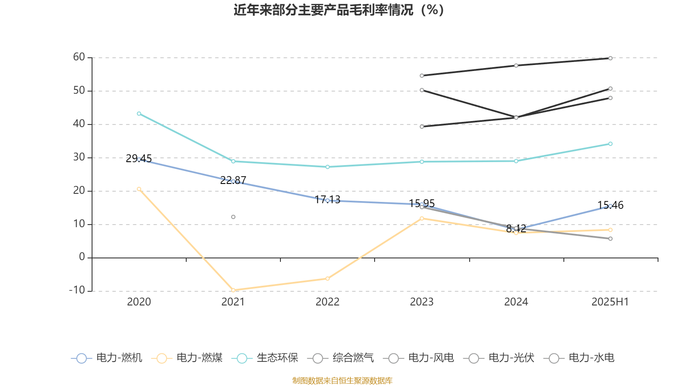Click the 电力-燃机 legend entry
tap(107, 358)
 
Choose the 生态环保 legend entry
tap(265, 358)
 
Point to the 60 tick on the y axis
tap(79, 57)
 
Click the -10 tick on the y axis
tap(77, 290)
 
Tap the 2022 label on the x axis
tap(328, 302)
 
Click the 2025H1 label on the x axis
tap(610, 302)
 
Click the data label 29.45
tap(139, 159)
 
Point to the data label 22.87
tap(233, 180)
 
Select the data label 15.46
tap(611, 205)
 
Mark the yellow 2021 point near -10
tap(233, 290)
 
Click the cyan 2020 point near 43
tap(139, 114)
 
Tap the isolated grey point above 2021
tap(233, 217)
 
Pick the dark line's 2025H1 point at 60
tap(611, 58)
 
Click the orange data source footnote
tap(342, 381)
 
